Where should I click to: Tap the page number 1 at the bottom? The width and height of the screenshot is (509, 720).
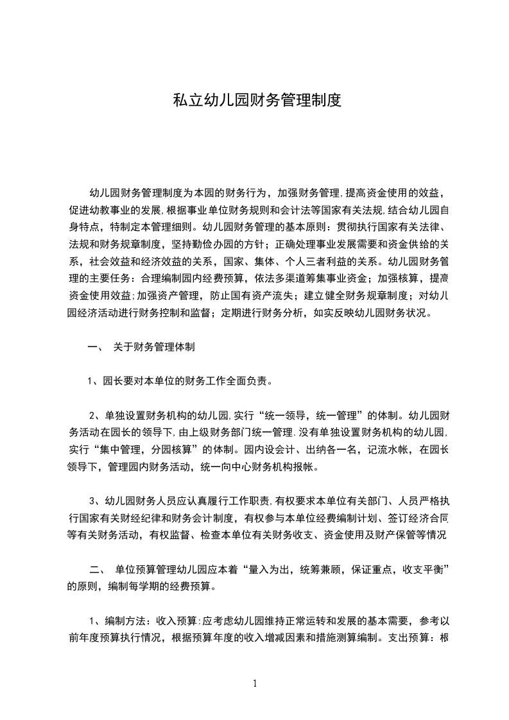point(255,683)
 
